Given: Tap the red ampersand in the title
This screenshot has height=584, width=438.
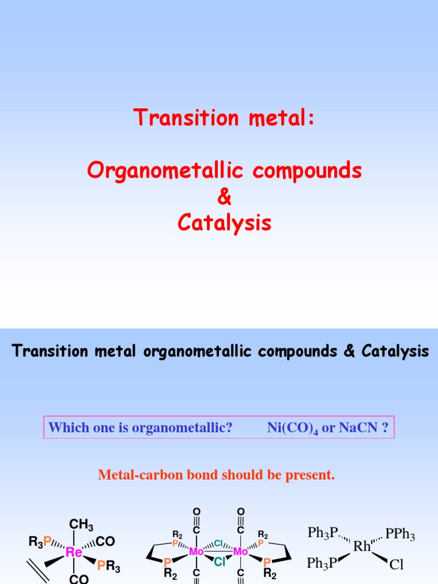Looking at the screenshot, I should (225, 197).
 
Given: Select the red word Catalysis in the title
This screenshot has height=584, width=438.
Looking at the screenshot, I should (225, 223).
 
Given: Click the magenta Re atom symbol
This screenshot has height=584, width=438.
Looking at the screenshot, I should (74, 552).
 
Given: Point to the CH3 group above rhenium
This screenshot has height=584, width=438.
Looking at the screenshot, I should (81, 525).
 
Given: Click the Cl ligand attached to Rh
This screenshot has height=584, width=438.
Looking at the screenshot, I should (396, 565).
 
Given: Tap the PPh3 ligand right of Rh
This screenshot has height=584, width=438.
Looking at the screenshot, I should (400, 534).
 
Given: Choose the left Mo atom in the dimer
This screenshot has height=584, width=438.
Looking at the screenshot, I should (196, 552).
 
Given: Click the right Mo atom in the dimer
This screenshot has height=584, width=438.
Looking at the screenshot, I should (241, 552).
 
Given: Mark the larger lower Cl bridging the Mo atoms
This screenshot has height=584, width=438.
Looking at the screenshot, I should (220, 562).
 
